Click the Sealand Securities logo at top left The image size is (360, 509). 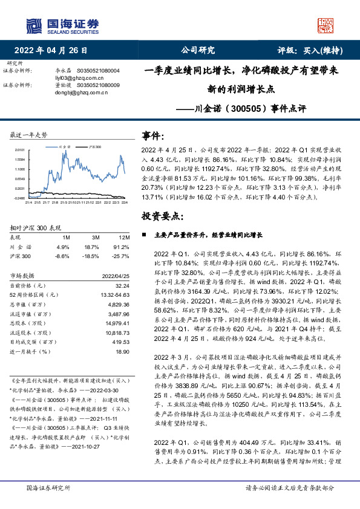pos(61,25)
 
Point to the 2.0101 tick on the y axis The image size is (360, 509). pos(19,149)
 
